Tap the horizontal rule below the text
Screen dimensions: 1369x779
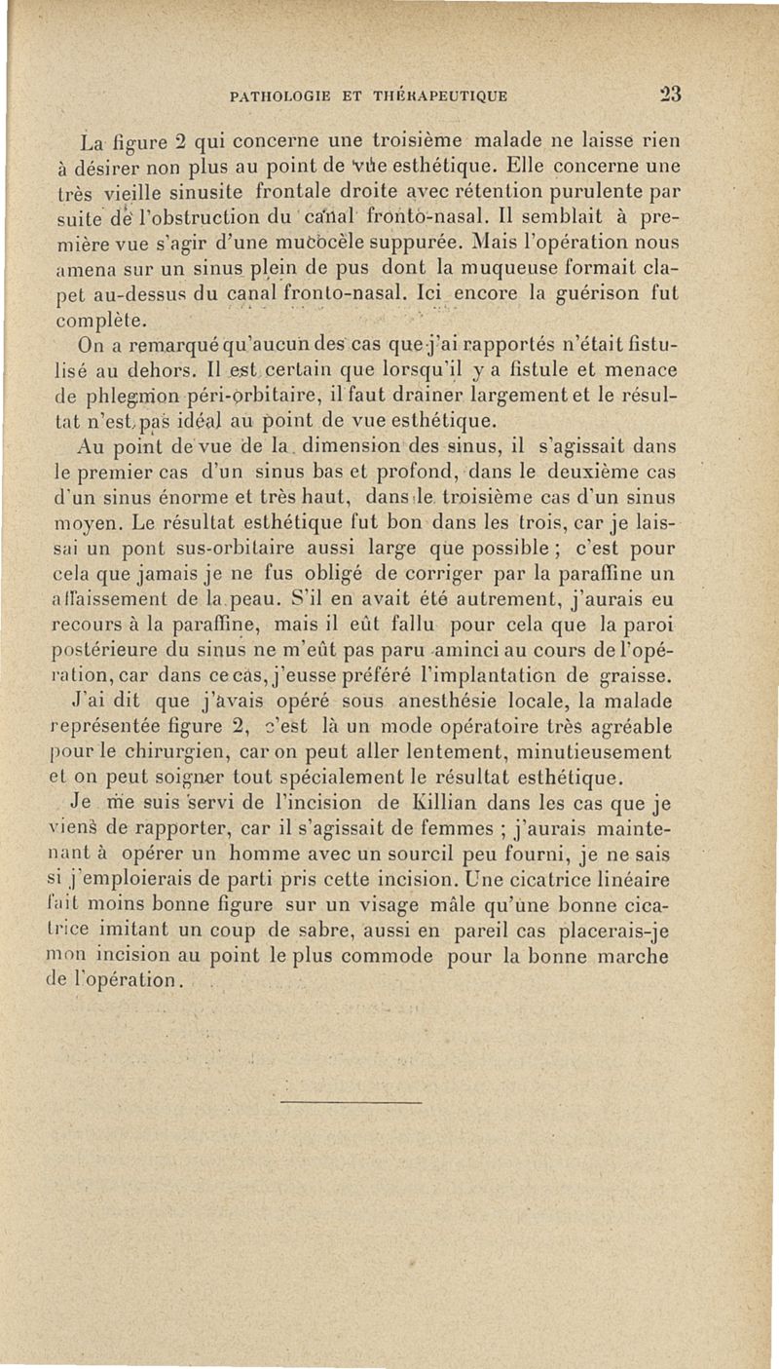click(x=352, y=1102)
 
